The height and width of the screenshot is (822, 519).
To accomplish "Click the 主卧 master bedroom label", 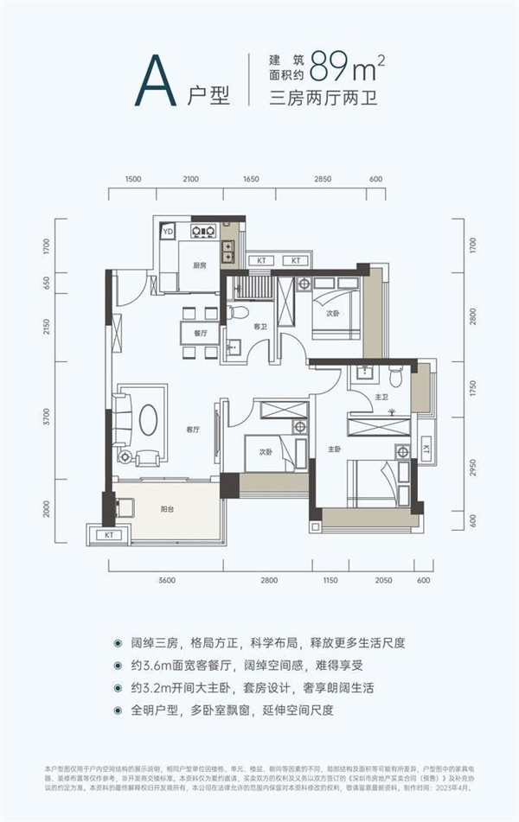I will (335, 449).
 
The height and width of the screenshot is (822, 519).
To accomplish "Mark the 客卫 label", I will (259, 328).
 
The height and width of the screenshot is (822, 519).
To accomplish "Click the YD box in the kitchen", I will (168, 231).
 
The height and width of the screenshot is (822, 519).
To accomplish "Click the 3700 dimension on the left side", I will (48, 419).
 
